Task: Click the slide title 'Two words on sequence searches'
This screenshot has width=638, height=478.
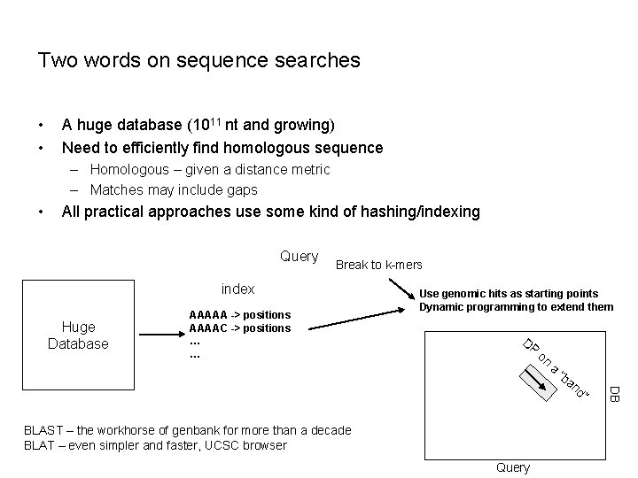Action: tap(198, 60)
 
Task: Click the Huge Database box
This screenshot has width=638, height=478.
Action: tap(78, 335)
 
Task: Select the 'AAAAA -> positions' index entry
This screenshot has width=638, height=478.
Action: tap(239, 315)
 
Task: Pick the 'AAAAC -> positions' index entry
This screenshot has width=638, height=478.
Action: tap(239, 328)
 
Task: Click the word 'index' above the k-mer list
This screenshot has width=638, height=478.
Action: tap(237, 289)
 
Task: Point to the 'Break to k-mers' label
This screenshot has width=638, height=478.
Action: tap(379, 265)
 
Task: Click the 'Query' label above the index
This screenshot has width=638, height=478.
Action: tap(299, 257)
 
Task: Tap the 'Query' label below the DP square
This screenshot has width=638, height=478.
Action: tap(513, 467)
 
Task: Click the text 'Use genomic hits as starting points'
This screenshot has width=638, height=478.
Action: tap(508, 293)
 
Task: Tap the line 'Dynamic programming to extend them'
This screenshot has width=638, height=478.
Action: tap(516, 307)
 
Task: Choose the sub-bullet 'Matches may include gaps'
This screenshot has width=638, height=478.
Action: tap(174, 189)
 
